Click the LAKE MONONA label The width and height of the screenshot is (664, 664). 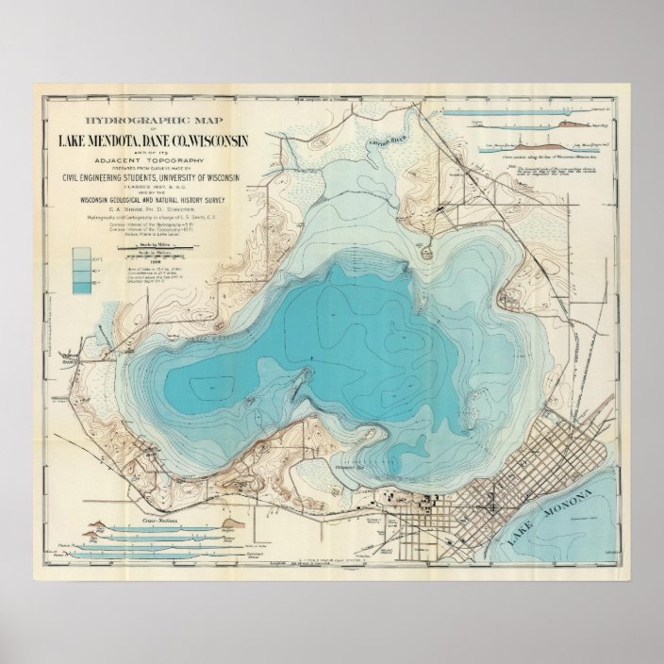pos(551,522)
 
